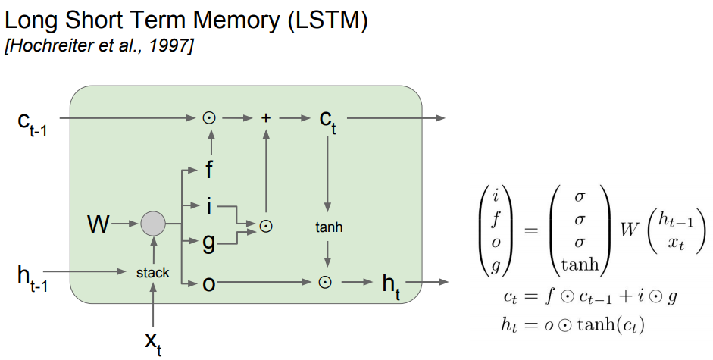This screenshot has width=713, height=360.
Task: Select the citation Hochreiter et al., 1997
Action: (99, 47)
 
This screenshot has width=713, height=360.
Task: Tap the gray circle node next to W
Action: (153, 224)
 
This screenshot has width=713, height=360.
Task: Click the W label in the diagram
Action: (98, 224)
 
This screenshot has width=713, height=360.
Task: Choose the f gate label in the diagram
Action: (209, 170)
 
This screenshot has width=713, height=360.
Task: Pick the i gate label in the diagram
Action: (209, 205)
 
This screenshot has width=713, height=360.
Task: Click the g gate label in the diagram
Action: (209, 243)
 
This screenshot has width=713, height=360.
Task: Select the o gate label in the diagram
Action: (208, 283)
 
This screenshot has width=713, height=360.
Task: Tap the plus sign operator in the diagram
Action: (266, 117)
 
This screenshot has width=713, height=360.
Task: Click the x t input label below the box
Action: (153, 342)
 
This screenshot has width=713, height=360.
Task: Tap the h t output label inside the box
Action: (391, 285)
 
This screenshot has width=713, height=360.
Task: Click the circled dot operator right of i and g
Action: (266, 225)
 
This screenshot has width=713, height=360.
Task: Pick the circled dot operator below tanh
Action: (325, 283)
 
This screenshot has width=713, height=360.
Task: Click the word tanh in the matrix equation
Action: (580, 265)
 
